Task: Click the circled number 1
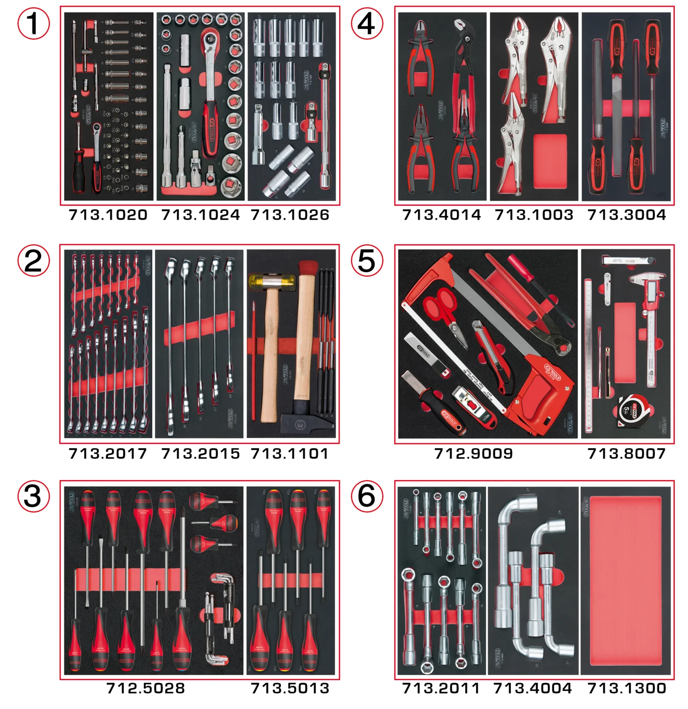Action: click(34, 24)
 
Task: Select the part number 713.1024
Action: click(200, 215)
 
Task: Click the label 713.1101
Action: click(289, 454)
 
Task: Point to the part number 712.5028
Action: click(146, 688)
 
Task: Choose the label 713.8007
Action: click(626, 454)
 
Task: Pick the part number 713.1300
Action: click(627, 688)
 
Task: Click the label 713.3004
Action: click(627, 215)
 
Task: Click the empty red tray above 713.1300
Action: click(626, 580)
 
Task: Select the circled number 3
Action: click(34, 496)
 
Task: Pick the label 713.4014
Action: click(441, 215)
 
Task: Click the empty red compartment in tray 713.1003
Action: click(549, 161)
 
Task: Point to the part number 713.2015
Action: click(200, 454)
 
